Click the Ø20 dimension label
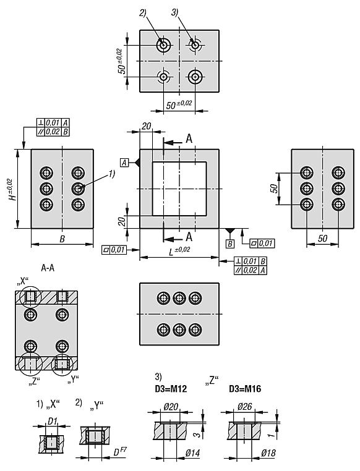point(171,407)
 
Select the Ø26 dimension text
point(245,407)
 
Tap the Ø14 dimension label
point(192,452)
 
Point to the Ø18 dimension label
point(268,452)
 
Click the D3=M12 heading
point(171,389)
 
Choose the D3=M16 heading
point(245,389)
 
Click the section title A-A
point(48,268)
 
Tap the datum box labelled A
point(124,163)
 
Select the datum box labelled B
point(230,244)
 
